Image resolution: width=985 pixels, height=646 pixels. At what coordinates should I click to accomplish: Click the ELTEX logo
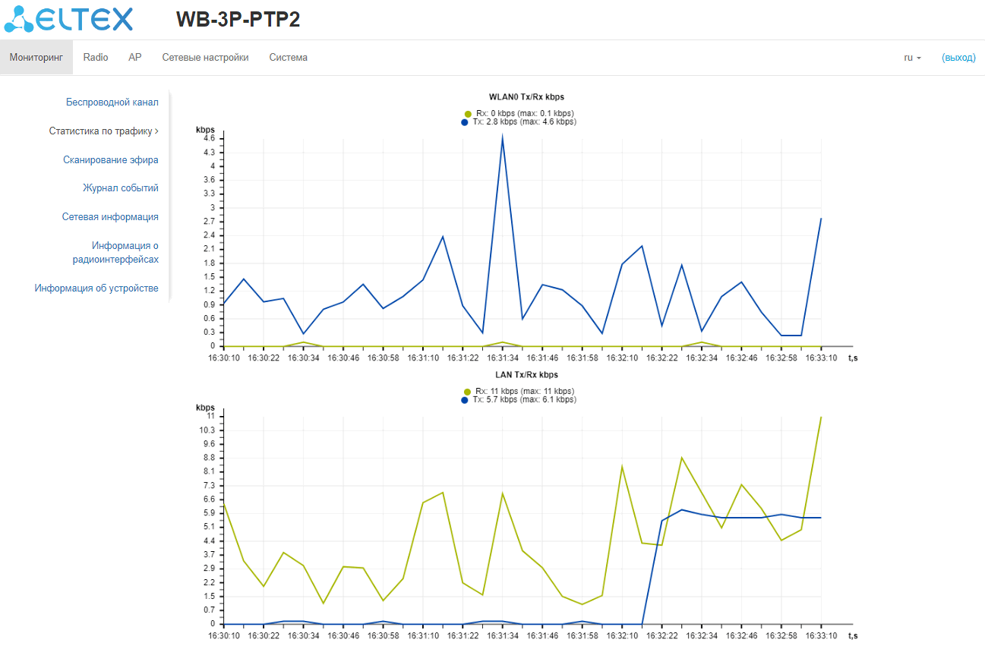click(x=68, y=20)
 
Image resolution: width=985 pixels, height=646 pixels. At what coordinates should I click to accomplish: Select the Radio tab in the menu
click(x=96, y=58)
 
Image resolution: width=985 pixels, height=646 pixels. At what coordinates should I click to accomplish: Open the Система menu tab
click(x=288, y=58)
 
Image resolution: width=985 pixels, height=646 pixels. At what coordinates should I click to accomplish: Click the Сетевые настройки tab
click(x=205, y=58)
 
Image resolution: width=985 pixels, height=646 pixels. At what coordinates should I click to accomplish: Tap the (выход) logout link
click(x=958, y=58)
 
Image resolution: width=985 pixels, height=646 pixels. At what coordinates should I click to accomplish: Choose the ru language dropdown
click(x=912, y=58)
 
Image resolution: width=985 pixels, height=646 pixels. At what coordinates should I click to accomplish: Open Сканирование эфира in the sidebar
click(x=111, y=159)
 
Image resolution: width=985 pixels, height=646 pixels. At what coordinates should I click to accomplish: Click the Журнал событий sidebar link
click(x=121, y=188)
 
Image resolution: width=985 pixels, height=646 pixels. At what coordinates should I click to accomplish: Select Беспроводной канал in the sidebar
click(x=112, y=102)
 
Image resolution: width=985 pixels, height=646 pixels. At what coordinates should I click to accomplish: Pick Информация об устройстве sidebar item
click(x=96, y=288)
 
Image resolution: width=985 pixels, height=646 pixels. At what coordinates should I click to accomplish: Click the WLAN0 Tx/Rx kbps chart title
click(x=526, y=97)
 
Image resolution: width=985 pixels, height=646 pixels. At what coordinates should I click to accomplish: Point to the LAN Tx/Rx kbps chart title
click(x=526, y=375)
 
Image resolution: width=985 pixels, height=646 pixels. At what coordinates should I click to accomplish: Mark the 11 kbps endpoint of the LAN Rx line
click(x=821, y=417)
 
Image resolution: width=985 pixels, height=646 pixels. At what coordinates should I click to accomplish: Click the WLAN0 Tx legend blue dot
click(x=466, y=122)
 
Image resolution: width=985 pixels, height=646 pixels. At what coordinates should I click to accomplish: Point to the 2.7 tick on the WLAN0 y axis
click(x=210, y=221)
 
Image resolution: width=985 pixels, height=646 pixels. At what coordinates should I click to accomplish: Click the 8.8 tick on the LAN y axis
click(x=210, y=458)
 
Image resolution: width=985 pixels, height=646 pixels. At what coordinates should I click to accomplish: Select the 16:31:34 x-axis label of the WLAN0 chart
click(x=502, y=357)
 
